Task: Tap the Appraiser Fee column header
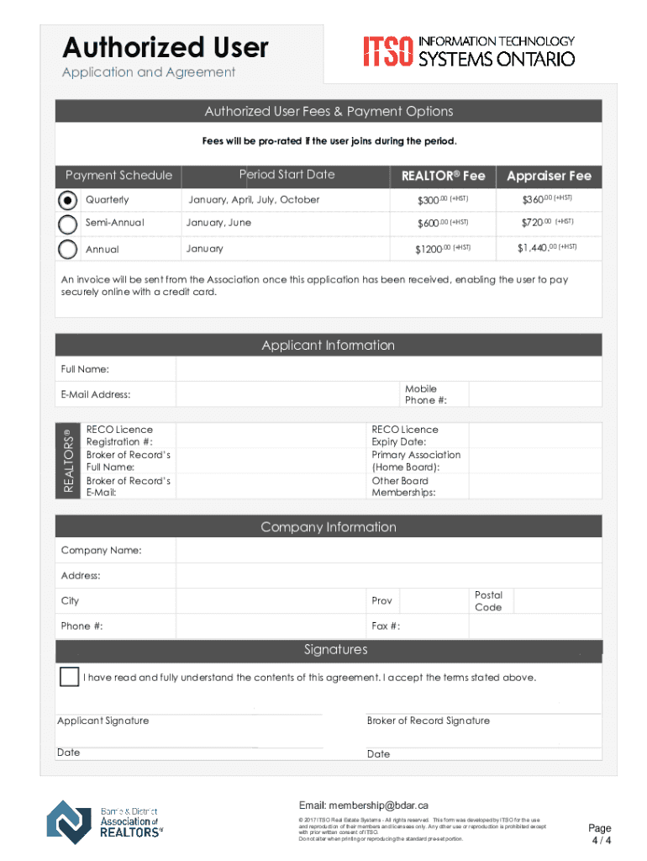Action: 549,176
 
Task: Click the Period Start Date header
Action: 287,175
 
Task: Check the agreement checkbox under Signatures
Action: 69,677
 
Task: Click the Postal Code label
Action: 488,601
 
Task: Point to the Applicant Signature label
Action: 103,721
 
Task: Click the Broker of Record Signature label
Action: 428,721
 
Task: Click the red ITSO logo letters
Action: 387,51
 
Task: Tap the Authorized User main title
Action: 166,47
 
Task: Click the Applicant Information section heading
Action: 328,346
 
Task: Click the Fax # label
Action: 386,626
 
